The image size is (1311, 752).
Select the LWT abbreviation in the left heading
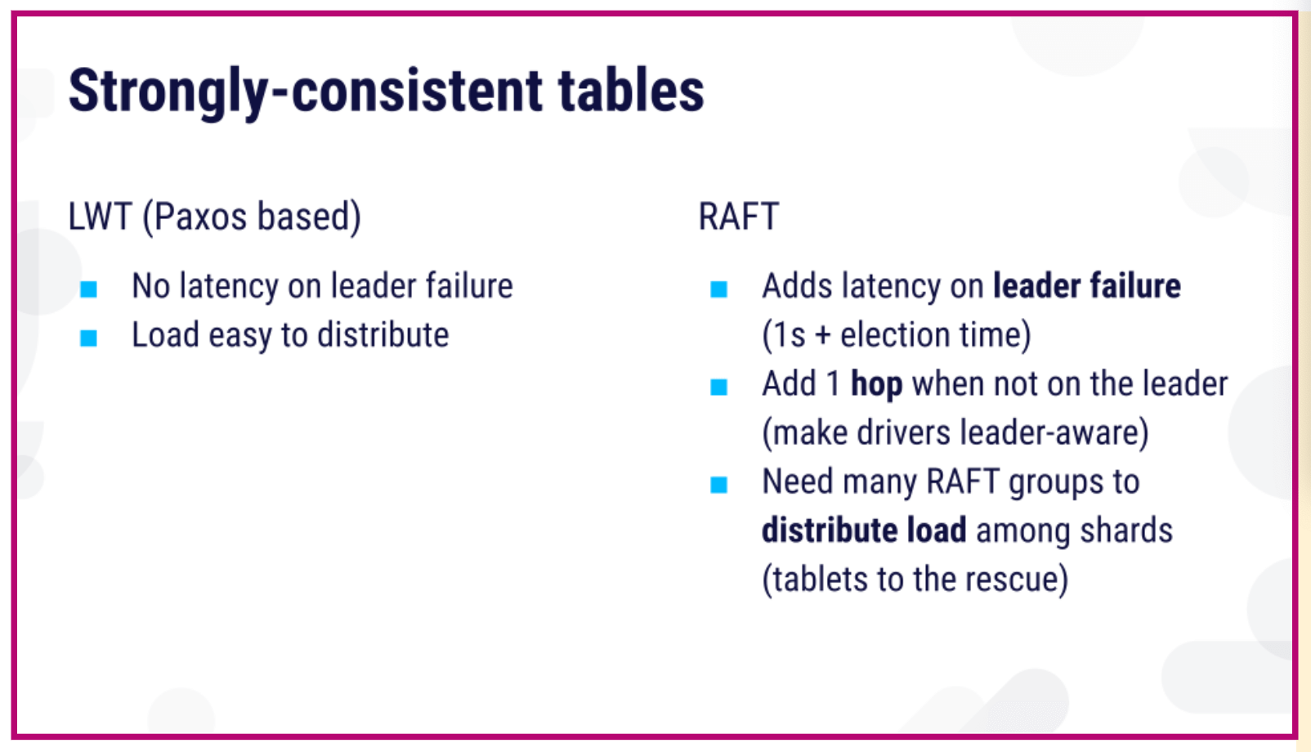[100, 216]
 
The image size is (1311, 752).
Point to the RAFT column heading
[739, 216]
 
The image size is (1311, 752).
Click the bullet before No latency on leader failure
[88, 289]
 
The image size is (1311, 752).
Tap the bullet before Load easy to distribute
[88, 338]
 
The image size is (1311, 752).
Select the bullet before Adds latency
[718, 289]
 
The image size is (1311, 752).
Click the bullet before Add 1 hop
[718, 387]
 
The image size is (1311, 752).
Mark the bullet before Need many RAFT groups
[718, 485]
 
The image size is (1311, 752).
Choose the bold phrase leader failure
[1087, 285]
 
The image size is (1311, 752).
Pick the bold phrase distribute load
[864, 530]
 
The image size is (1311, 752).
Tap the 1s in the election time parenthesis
[790, 335]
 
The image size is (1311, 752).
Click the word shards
[1126, 530]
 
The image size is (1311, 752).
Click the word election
[895, 335]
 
